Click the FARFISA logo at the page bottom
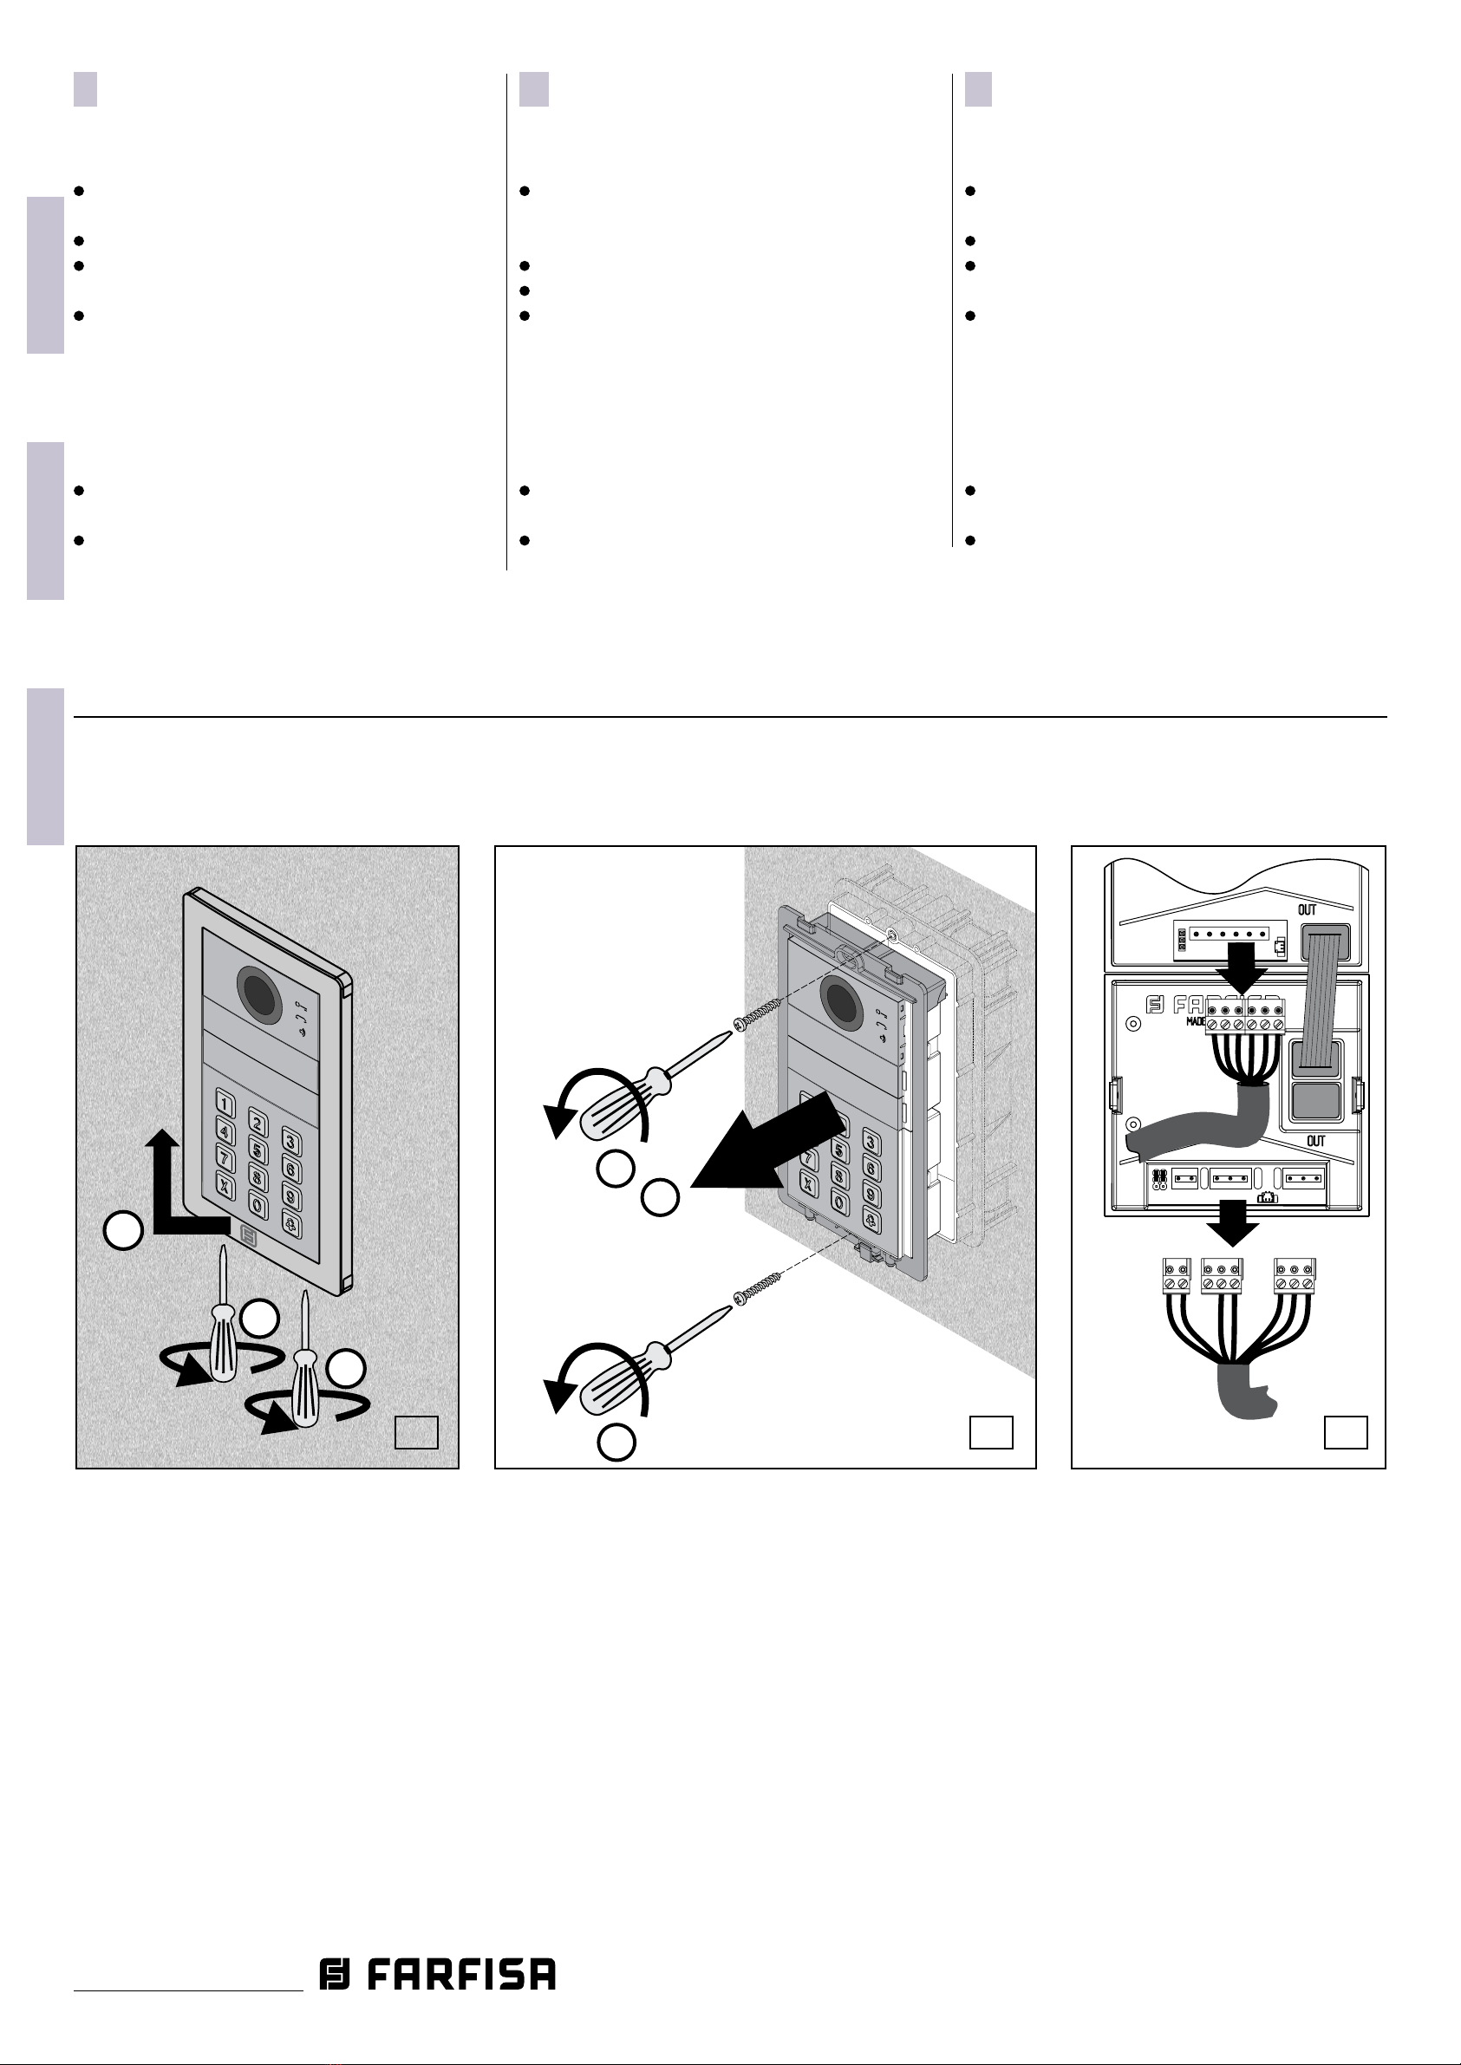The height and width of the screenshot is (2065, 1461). [437, 1974]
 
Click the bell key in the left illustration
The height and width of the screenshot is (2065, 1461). [291, 1224]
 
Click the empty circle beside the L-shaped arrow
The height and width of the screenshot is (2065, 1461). [123, 1230]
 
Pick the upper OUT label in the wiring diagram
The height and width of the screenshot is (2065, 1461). [1308, 910]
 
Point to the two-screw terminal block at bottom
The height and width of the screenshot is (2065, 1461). [1174, 1276]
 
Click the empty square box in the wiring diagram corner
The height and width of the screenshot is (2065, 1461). [1346, 1433]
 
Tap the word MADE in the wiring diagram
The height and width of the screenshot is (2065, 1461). [1196, 1022]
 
